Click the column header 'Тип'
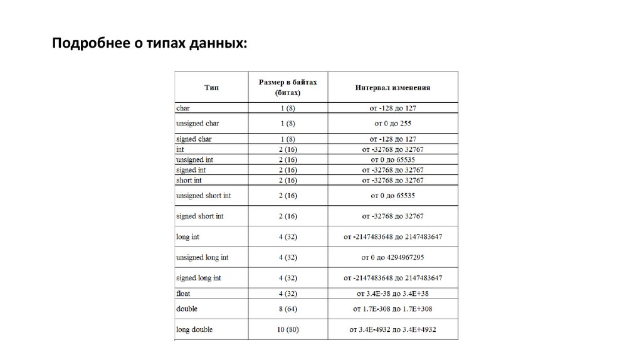point(211,88)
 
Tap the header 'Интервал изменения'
point(392,88)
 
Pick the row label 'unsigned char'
point(197,124)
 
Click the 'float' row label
point(183,293)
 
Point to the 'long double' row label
point(194,329)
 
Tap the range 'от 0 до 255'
point(392,124)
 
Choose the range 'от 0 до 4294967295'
point(392,258)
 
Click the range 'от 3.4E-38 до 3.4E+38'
point(392,293)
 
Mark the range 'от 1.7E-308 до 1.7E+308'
point(392,309)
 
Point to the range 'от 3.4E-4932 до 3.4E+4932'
point(392,329)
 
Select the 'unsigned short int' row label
point(204,196)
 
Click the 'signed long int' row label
point(199,277)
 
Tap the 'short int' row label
point(189,181)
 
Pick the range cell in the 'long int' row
point(392,238)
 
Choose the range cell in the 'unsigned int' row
point(392,160)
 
